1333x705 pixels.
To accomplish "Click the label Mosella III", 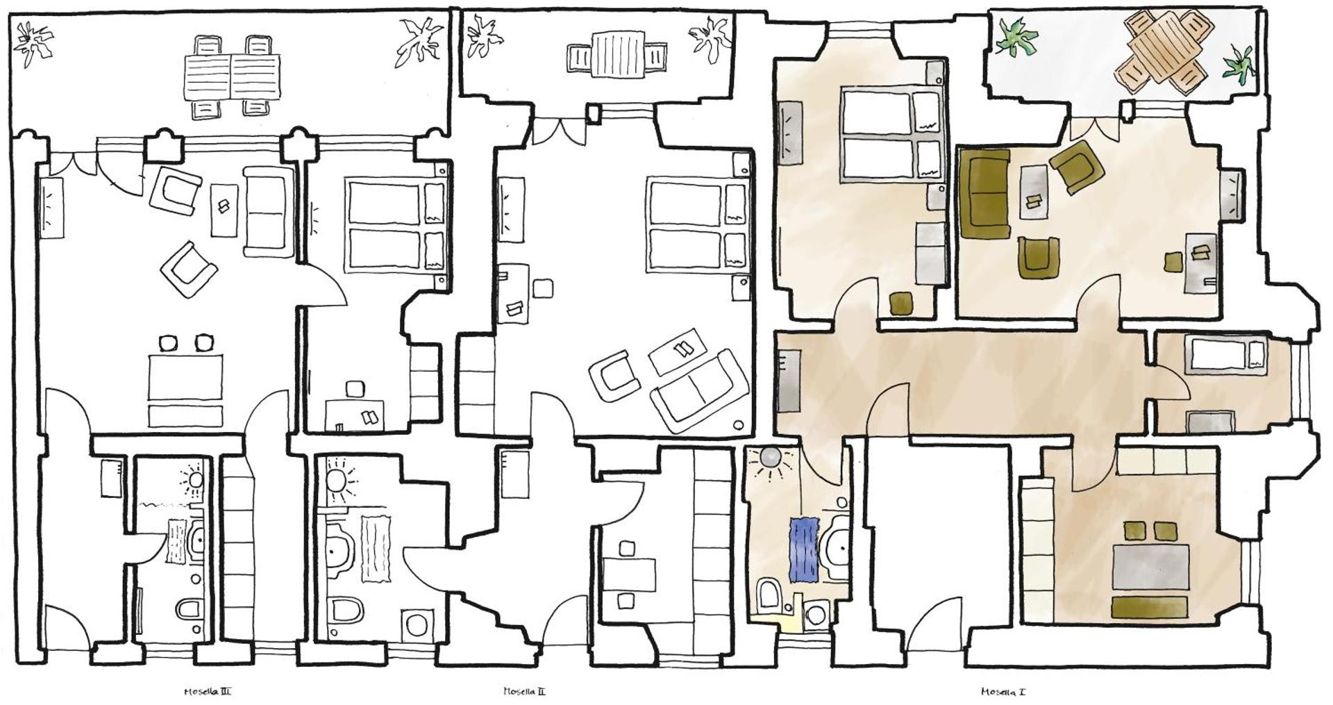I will [208, 691].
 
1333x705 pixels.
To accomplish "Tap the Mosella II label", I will [524, 691].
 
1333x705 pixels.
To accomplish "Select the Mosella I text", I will [1003, 691].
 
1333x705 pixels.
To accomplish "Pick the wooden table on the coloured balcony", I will [1164, 49].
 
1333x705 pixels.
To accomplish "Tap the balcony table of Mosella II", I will [617, 56].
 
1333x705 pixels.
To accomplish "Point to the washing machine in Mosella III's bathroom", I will [417, 623].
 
